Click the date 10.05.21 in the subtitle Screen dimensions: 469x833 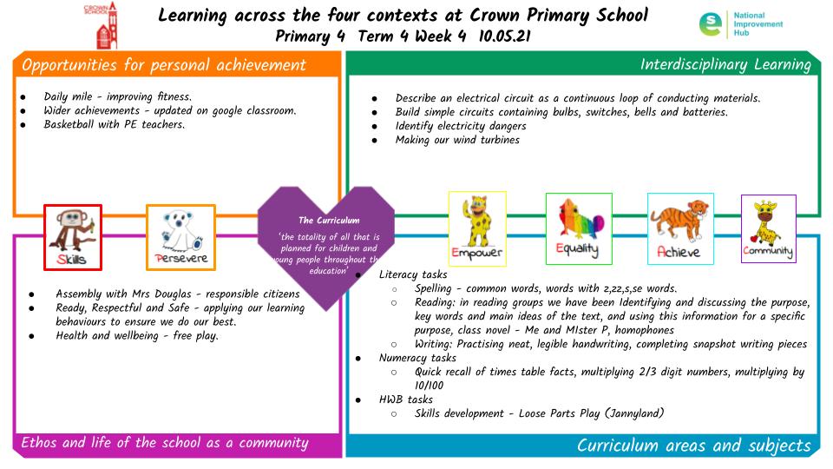tap(505, 36)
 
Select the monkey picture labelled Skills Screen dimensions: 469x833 tap(73, 237)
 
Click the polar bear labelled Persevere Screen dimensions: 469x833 tap(180, 237)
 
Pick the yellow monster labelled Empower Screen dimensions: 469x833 tap(477, 228)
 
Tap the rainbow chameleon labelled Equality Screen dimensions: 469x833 tap(578, 228)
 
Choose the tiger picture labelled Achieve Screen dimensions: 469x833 tap(680, 228)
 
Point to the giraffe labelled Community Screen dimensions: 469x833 tap(768, 228)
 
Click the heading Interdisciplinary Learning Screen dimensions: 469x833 tap(725, 64)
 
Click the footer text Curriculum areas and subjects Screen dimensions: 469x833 tap(693, 446)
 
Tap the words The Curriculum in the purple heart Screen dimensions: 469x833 tap(329, 220)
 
